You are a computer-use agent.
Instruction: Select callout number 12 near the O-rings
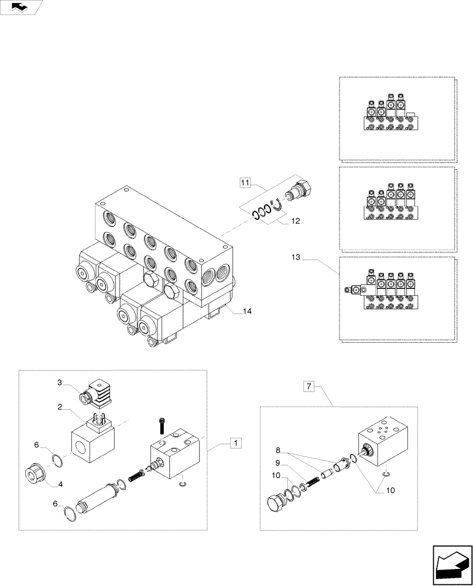[x=296, y=221]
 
